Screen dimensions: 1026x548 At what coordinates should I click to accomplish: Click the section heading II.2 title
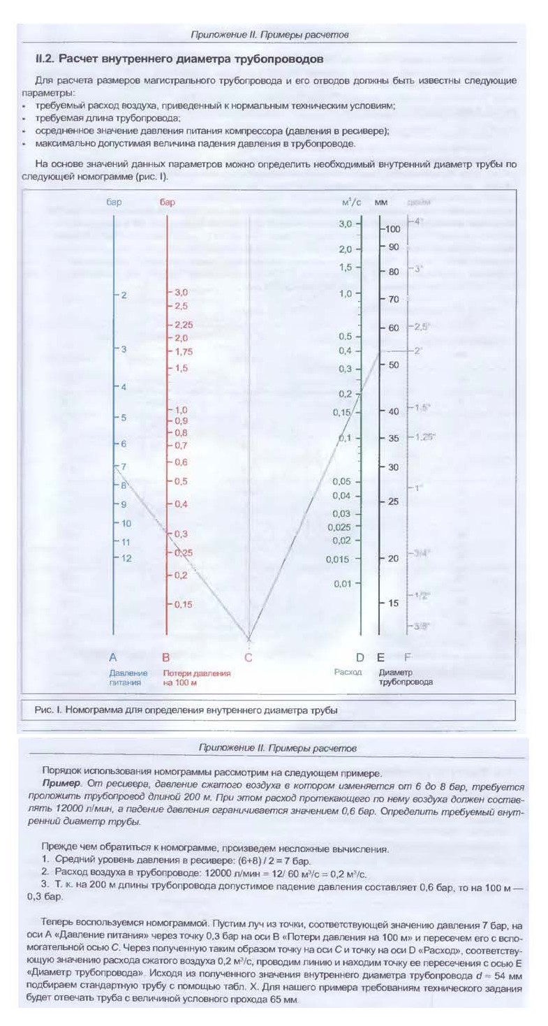[x=179, y=59]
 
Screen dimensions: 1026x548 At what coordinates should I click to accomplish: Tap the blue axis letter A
[x=113, y=657]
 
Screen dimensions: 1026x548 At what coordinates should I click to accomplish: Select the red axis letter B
[x=166, y=657]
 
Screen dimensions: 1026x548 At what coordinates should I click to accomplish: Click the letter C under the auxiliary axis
[x=249, y=657]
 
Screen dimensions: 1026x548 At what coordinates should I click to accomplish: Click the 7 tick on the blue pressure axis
[x=124, y=466]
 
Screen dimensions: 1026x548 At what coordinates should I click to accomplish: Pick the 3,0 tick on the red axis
[x=181, y=293]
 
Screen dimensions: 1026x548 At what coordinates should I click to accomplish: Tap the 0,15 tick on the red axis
[x=183, y=604]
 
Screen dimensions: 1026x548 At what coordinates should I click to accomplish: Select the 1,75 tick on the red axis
[x=183, y=351]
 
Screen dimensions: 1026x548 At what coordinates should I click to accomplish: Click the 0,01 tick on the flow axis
[x=341, y=583]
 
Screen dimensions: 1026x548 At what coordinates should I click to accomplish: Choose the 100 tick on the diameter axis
[x=392, y=229]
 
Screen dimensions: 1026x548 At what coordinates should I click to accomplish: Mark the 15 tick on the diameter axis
[x=392, y=603]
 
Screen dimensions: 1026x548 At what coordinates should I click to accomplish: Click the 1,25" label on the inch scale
[x=424, y=437]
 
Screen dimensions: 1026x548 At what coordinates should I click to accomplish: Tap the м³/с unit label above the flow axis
[x=351, y=203]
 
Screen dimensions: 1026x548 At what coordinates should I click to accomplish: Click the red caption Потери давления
[x=197, y=673]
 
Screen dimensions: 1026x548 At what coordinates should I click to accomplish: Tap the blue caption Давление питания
[x=125, y=677]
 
